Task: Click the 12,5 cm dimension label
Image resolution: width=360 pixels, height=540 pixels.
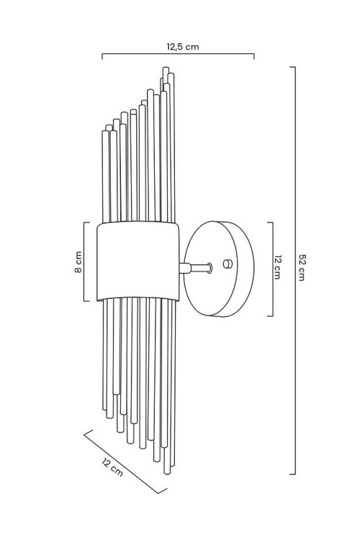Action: point(183,47)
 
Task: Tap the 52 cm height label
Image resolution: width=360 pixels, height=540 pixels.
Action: point(302,268)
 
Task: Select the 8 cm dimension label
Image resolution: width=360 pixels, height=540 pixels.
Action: point(78,262)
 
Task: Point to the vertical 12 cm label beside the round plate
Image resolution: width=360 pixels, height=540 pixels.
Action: point(278,267)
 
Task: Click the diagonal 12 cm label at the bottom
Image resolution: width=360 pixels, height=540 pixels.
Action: point(112,467)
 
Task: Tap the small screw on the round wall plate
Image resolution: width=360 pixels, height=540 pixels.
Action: point(228,264)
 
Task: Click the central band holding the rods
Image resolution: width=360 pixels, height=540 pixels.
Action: point(138,261)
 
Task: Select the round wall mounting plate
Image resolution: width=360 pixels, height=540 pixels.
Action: point(219,269)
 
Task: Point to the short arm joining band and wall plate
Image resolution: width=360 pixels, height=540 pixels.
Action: point(195,268)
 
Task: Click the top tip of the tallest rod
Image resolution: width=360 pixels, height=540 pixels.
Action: point(166,68)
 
